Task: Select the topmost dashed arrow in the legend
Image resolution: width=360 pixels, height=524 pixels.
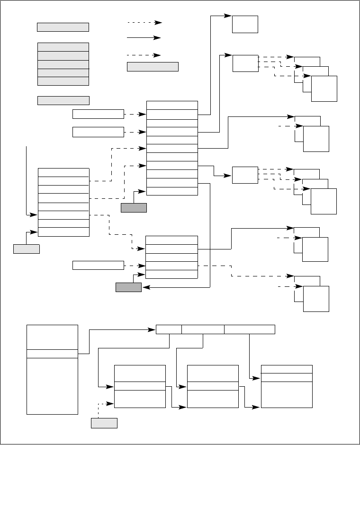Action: [x=144, y=22]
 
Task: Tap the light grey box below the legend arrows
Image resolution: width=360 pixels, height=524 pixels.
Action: [x=153, y=67]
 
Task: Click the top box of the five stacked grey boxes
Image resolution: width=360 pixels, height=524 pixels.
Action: [x=63, y=47]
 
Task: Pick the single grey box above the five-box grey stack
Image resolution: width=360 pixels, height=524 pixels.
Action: [x=63, y=27]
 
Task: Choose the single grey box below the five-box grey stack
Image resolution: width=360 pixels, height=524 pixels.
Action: [x=63, y=100]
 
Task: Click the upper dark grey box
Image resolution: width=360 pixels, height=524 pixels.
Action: [x=134, y=207]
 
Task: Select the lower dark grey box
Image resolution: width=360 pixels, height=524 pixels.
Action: [x=128, y=287]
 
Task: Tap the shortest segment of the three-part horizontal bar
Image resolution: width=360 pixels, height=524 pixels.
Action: [x=169, y=329]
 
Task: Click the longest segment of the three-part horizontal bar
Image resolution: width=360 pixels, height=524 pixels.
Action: [x=249, y=329]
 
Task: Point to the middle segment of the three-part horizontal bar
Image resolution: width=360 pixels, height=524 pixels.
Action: [x=203, y=329]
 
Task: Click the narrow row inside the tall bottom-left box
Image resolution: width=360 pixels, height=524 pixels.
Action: [x=52, y=354]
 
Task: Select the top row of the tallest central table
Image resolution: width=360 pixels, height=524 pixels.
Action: [x=172, y=105]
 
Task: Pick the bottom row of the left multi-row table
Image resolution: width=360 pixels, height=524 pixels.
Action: [x=63, y=232]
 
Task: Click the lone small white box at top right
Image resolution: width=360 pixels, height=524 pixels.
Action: [x=245, y=24]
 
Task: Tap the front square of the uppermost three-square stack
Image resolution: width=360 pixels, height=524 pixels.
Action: [x=324, y=89]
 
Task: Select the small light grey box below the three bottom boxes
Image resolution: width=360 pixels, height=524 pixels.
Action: [x=104, y=423]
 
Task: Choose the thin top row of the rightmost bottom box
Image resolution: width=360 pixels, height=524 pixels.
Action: [x=287, y=369]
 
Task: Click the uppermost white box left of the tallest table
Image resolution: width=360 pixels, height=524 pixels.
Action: [x=98, y=114]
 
